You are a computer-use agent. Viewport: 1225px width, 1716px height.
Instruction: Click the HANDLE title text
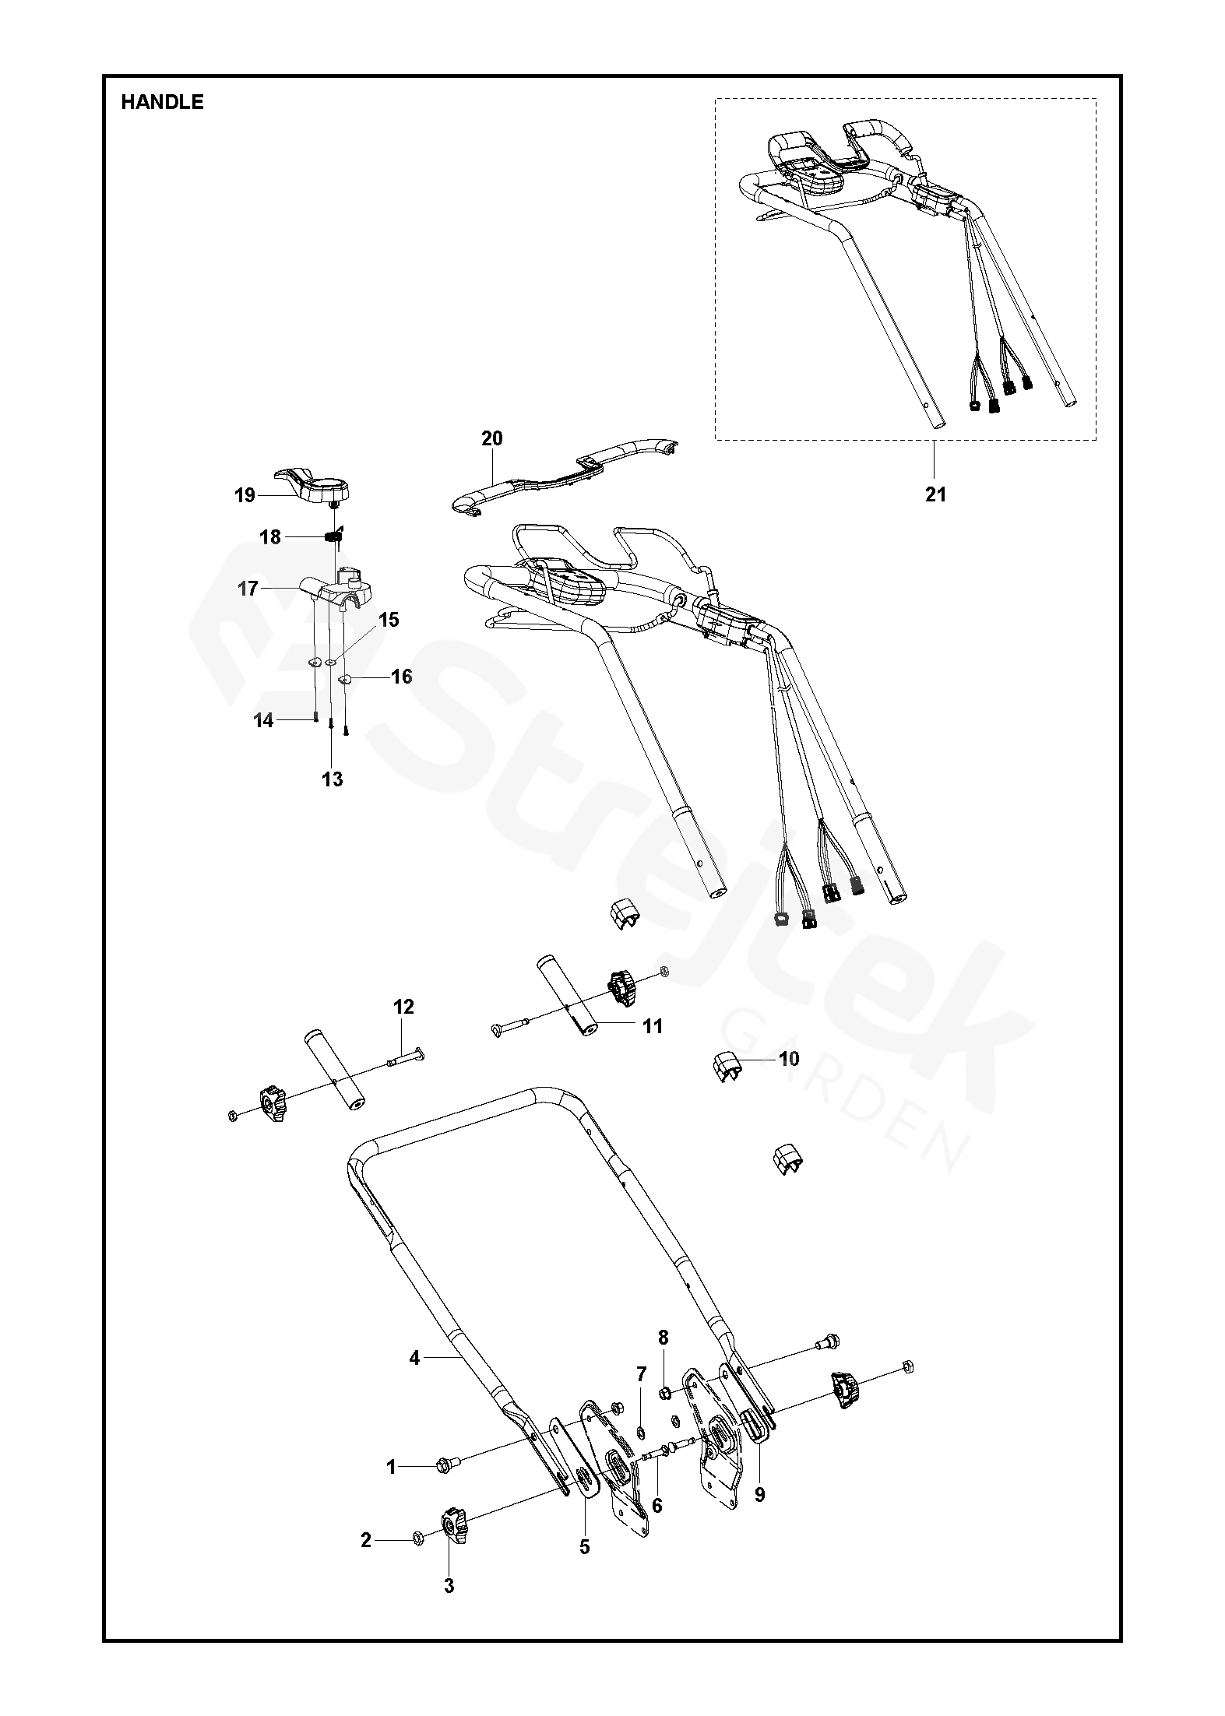tap(162, 102)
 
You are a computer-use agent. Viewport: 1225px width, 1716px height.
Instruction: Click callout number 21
tap(935, 494)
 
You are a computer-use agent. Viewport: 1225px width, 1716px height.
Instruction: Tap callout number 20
tap(492, 438)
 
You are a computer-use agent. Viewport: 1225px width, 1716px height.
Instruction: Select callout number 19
tap(245, 495)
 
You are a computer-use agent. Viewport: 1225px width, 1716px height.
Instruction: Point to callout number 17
tap(248, 589)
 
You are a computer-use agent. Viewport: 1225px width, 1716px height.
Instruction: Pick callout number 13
tap(333, 779)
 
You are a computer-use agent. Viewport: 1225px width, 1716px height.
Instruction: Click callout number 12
tap(403, 1007)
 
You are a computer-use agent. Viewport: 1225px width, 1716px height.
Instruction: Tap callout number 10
tap(788, 1059)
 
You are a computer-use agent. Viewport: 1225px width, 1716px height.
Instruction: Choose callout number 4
tap(414, 1358)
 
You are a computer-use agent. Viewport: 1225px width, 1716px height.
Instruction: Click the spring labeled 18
tap(333, 536)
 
